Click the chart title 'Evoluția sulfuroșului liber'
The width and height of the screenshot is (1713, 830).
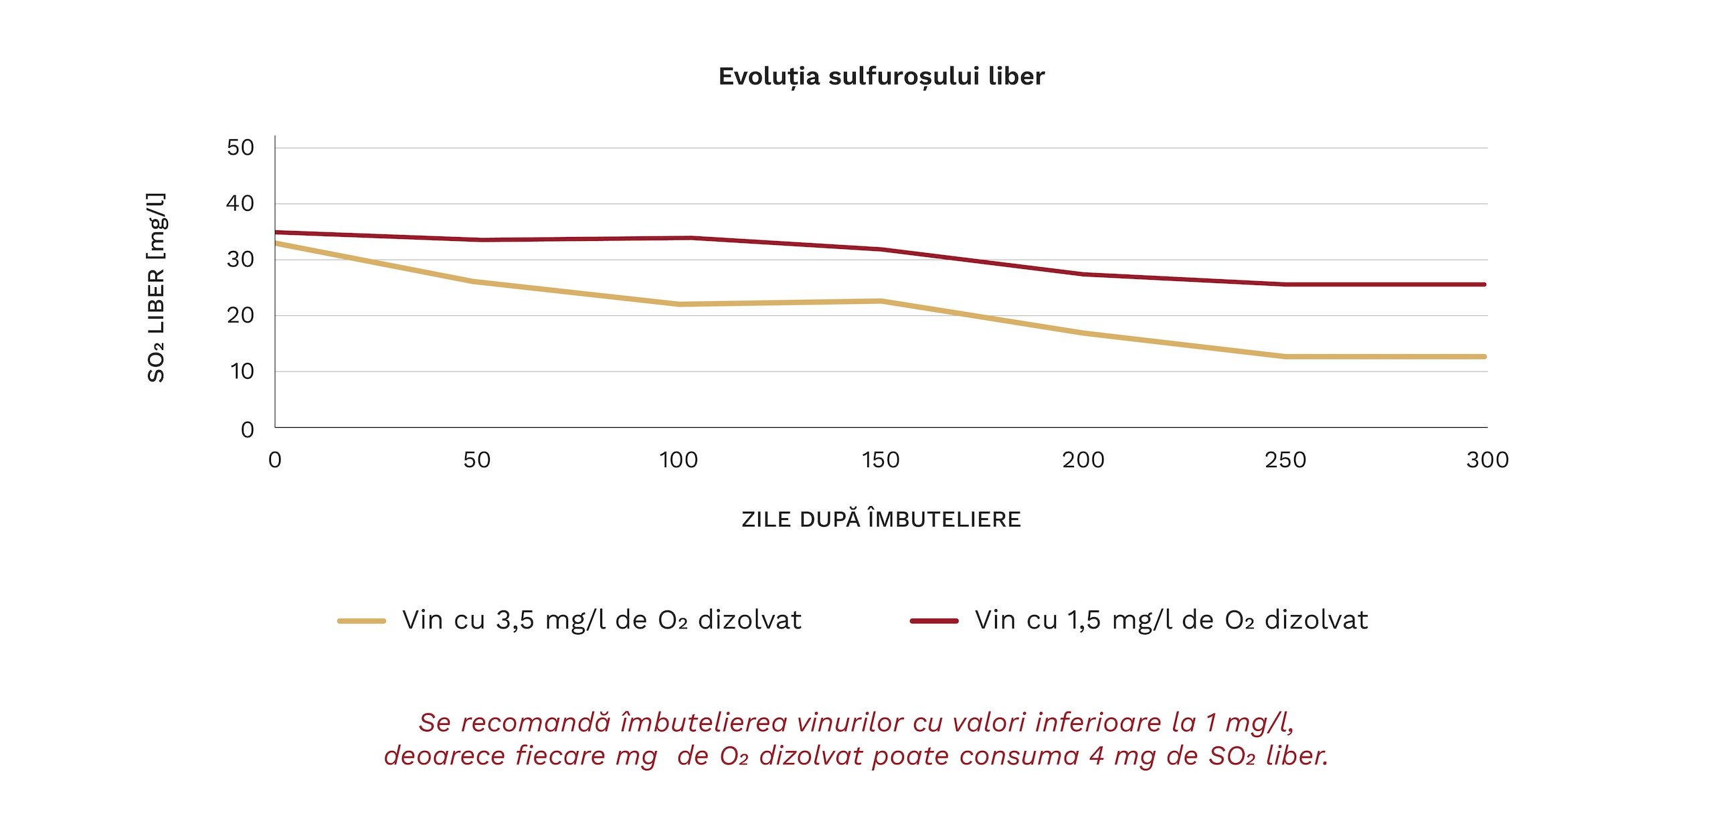(x=881, y=76)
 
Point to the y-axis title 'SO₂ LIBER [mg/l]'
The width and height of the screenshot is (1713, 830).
(x=156, y=288)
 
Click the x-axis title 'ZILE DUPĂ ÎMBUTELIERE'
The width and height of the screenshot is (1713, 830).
(x=881, y=519)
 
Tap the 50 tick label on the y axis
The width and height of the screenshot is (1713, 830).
(x=240, y=147)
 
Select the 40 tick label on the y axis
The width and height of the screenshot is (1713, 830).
(x=240, y=203)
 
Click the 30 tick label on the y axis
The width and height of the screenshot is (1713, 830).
(x=240, y=259)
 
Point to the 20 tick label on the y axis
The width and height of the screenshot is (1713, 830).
(x=240, y=315)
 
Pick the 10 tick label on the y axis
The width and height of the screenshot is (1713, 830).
(x=242, y=371)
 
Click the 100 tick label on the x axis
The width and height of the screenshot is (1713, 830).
(x=678, y=460)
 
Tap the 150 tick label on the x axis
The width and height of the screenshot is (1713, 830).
(x=881, y=460)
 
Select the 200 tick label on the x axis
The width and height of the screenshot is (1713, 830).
(x=1083, y=460)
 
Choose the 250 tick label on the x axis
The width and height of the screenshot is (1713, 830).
(x=1285, y=460)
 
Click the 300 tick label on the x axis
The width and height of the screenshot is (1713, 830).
(x=1487, y=460)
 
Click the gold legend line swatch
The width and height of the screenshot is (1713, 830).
(x=361, y=621)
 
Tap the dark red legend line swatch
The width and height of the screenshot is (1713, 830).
(x=934, y=621)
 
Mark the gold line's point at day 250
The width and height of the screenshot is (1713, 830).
(x=1285, y=357)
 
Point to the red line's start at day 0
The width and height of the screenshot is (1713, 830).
(x=276, y=232)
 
